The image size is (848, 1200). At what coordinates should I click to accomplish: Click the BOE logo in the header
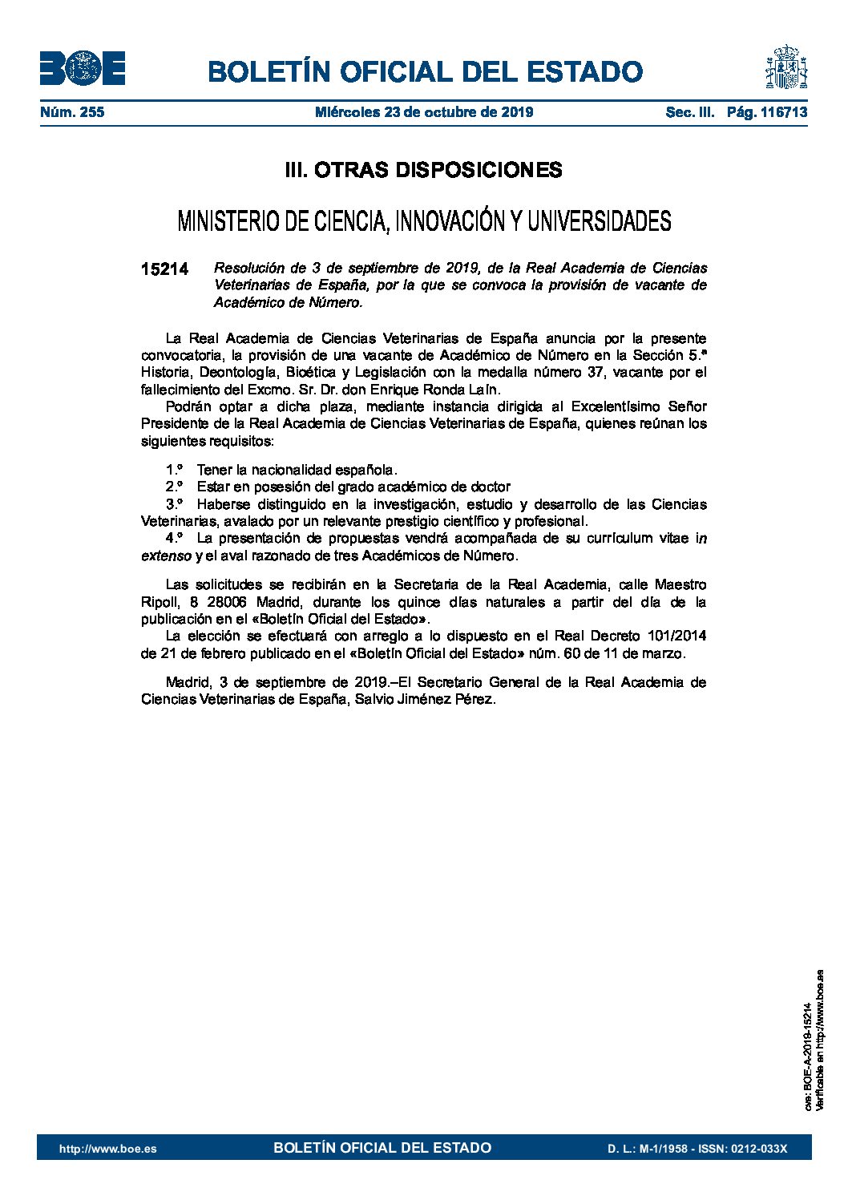82,69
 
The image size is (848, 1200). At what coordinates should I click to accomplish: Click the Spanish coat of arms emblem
785,67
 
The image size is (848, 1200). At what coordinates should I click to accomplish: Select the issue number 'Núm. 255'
72,112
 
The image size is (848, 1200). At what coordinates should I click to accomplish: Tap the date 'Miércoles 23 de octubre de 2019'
424,112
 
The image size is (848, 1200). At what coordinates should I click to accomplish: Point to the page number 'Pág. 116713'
767,112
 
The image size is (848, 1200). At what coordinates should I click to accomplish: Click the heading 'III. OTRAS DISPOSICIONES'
423,170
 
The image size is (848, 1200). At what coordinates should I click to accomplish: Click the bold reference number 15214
164,269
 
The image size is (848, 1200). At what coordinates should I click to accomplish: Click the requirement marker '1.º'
175,470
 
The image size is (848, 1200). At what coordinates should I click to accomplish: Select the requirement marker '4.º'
175,538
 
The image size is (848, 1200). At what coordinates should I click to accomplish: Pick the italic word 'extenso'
166,556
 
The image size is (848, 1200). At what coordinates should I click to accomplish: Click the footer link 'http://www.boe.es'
108,1149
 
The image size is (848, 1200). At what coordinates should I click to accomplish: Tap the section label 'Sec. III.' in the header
689,112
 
